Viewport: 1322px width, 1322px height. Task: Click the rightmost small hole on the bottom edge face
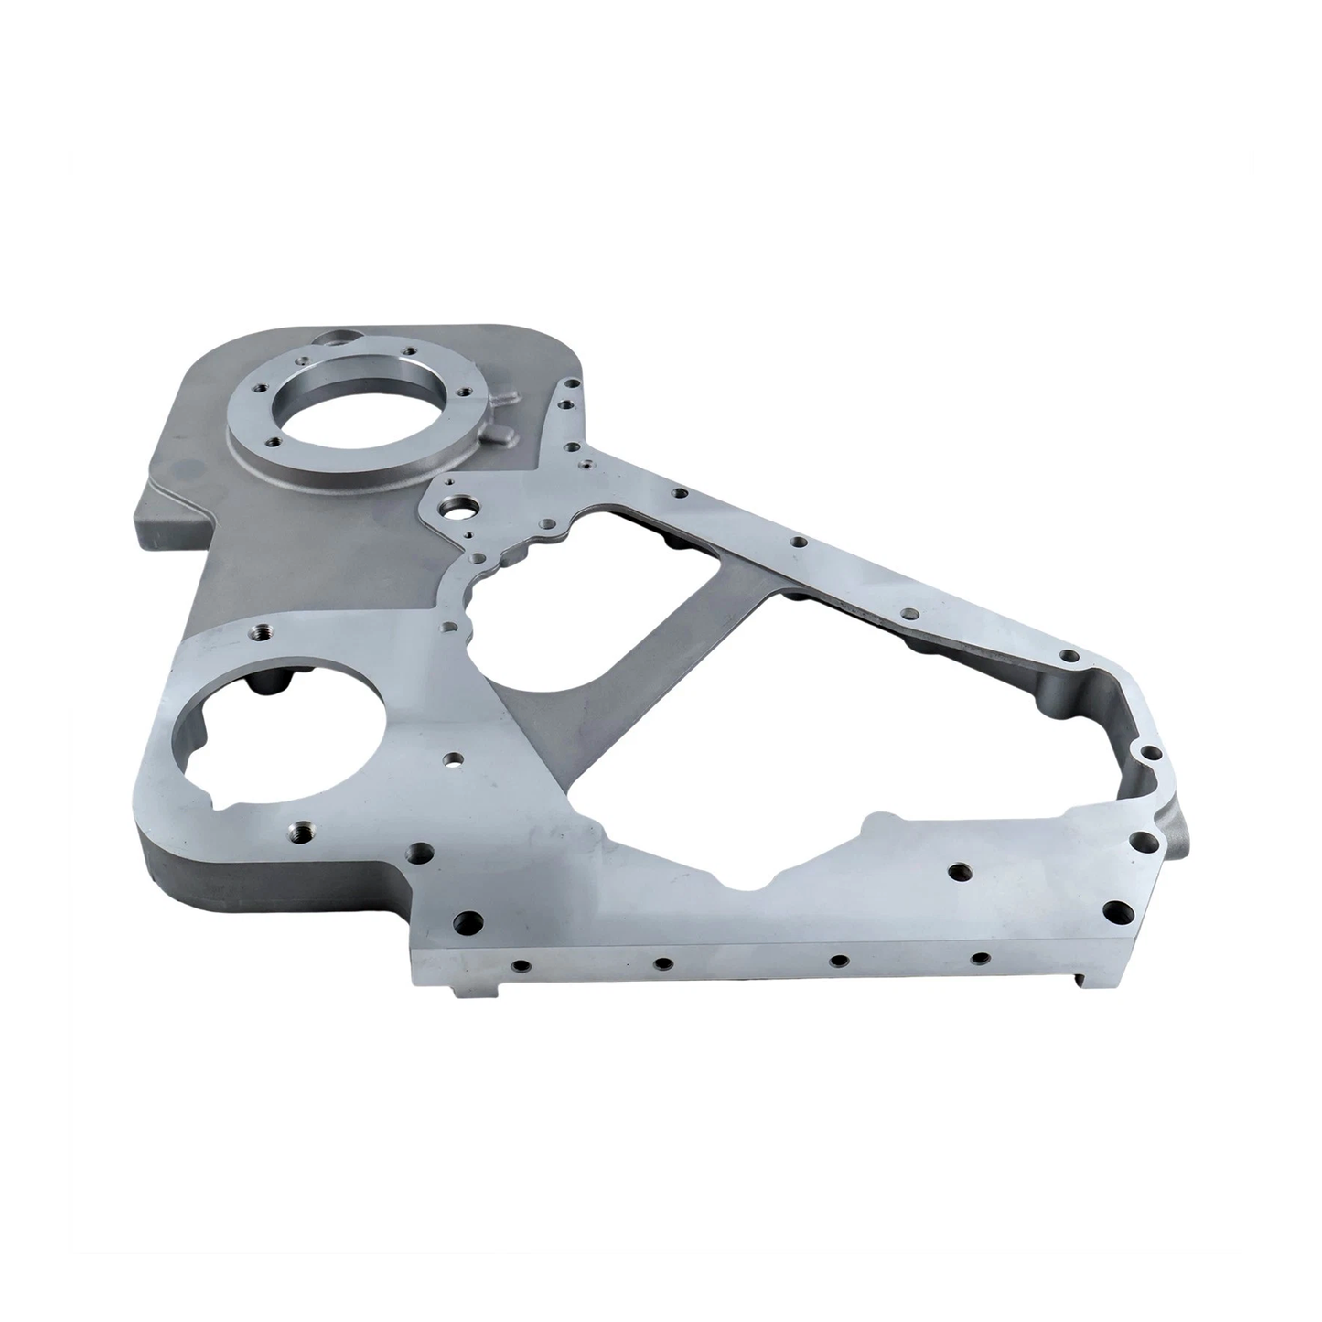pyautogui.click(x=980, y=958)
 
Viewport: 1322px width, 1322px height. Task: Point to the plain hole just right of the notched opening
pyautogui.click(x=452, y=758)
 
